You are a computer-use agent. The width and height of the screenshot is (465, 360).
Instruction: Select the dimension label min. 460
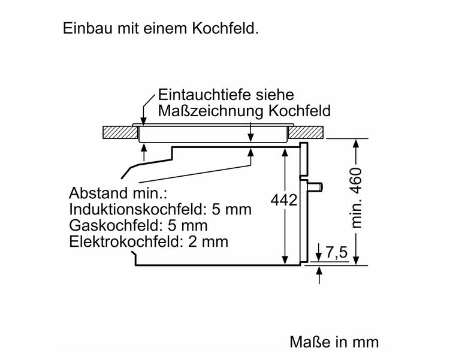pos(357,197)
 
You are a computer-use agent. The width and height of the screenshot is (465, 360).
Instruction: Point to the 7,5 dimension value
pos(336,253)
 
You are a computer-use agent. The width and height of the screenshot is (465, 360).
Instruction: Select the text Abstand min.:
pos(117,193)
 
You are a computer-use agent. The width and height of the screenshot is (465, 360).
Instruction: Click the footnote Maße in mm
pos(334,341)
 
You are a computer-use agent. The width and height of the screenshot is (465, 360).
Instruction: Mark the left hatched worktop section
pos(120,132)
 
